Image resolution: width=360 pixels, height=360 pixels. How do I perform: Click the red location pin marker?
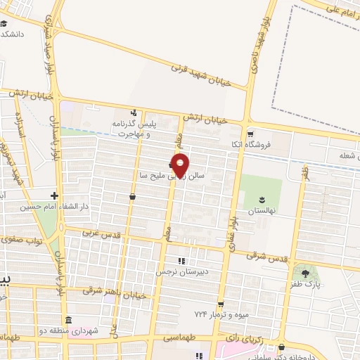click(180, 164)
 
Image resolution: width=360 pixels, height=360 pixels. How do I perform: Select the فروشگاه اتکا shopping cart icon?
click(250, 132)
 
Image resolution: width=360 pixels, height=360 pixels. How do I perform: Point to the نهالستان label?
click(262, 210)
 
